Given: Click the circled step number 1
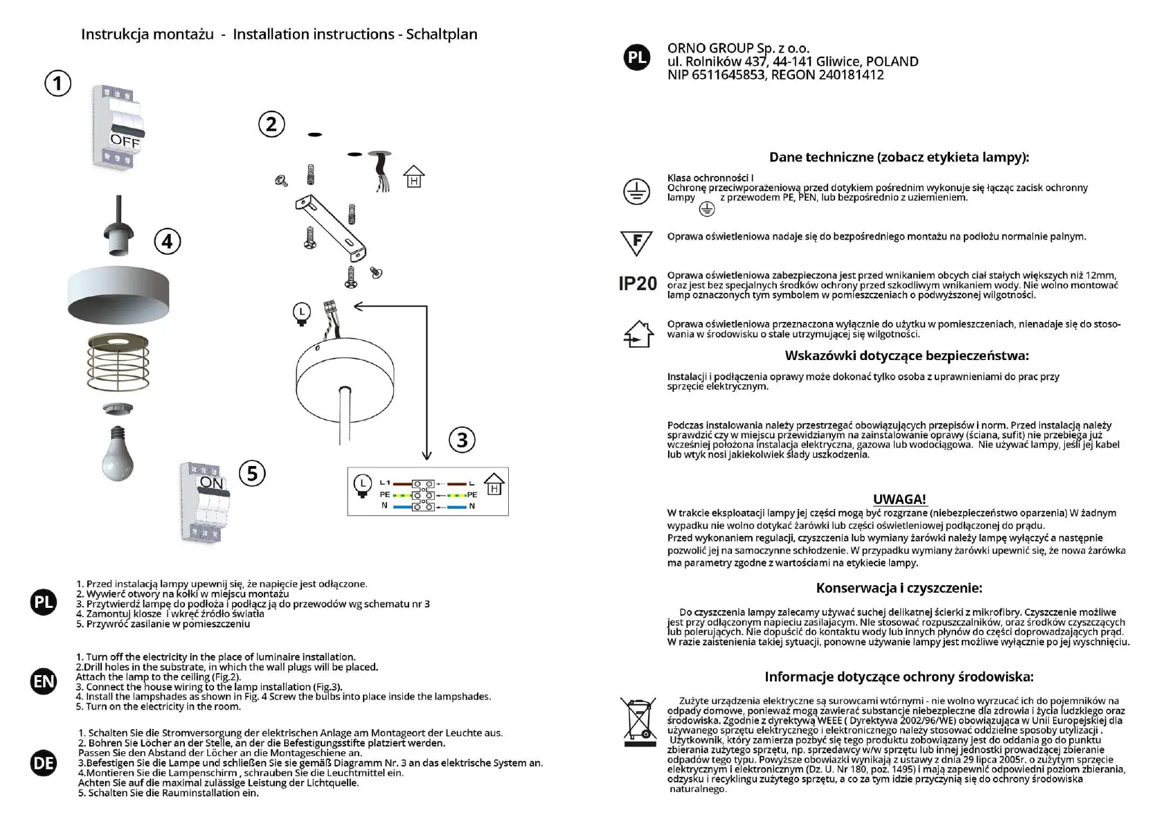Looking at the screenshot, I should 58,84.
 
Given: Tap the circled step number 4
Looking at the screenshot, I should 167,242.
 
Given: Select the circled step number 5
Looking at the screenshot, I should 252,474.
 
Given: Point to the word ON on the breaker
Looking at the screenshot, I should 211,483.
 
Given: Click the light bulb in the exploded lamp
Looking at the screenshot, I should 118,454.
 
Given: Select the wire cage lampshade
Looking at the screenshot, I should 118,363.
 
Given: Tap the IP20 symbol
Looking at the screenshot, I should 637,284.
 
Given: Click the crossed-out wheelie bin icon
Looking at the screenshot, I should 639,722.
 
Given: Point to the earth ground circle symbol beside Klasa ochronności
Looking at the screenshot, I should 636,191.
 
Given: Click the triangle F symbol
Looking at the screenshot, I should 637,242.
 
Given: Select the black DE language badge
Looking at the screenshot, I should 44,763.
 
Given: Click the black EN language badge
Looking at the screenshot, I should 44,681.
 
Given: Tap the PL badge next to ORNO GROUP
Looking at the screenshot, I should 637,57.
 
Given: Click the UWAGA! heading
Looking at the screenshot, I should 899,499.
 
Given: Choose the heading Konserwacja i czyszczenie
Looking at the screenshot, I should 899,589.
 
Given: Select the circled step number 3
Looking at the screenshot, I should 462,440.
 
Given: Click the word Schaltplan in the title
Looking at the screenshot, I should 441,35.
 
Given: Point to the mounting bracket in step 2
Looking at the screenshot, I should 330,224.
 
